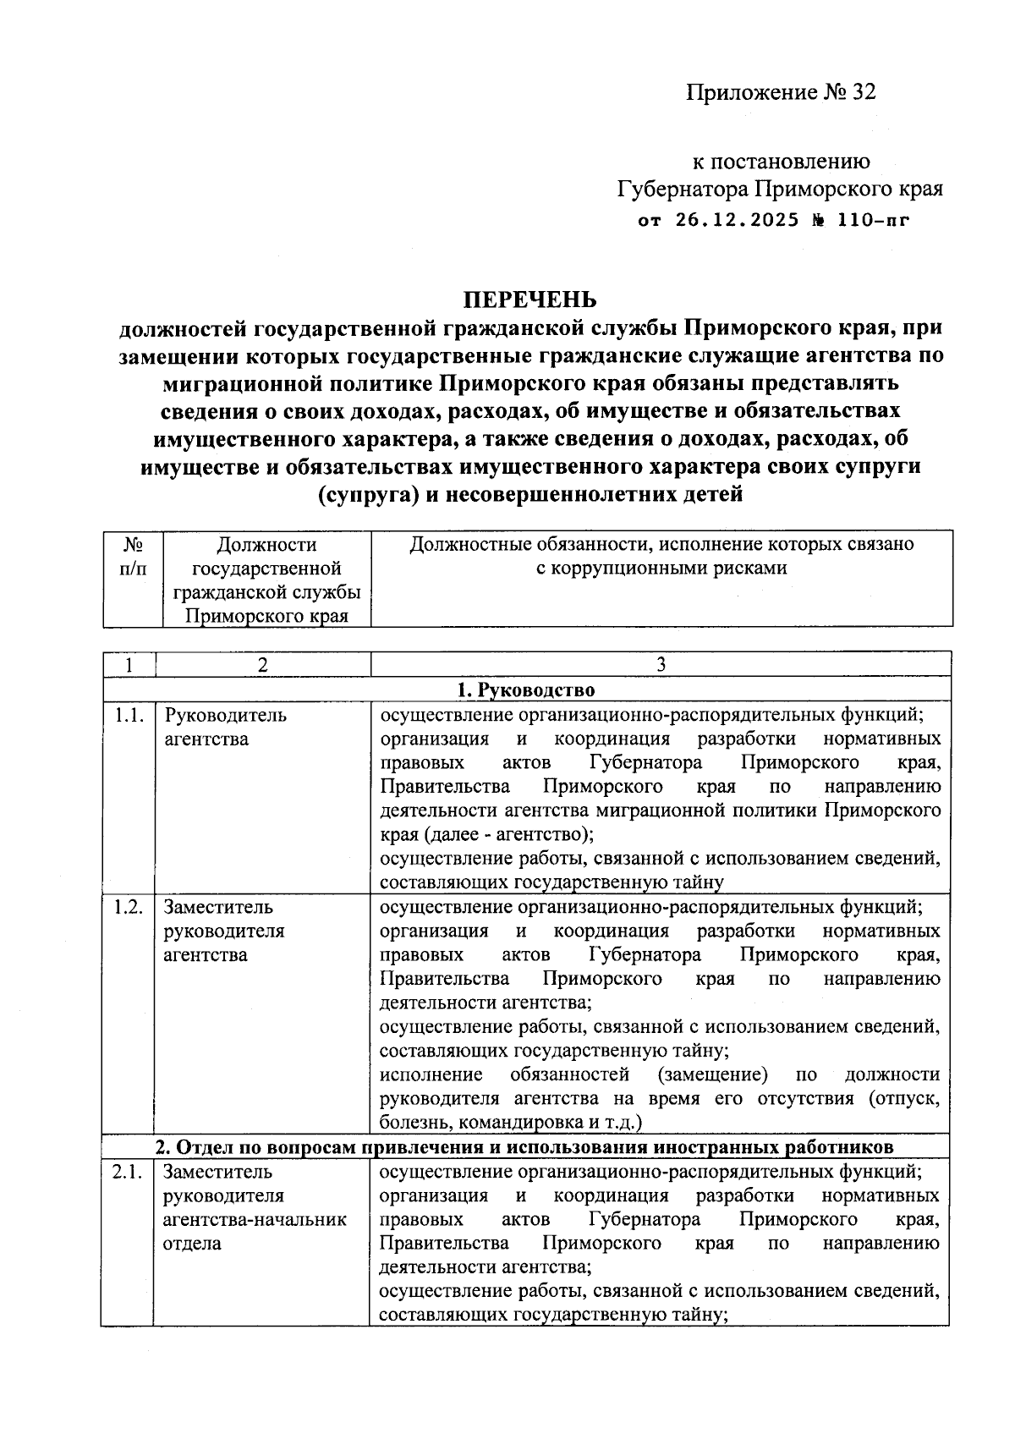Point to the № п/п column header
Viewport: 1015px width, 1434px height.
pos(133,556)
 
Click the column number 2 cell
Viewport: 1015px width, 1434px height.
pos(263,665)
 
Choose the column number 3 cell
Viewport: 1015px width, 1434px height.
pos(661,665)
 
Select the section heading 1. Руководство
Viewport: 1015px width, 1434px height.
pos(526,690)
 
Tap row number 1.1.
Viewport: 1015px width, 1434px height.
pos(128,716)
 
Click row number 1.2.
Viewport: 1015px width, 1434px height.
pos(128,908)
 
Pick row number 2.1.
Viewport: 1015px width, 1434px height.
pos(128,1173)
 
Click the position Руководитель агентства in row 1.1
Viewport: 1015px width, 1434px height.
pos(225,727)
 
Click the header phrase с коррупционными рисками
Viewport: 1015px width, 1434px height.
pos(661,569)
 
